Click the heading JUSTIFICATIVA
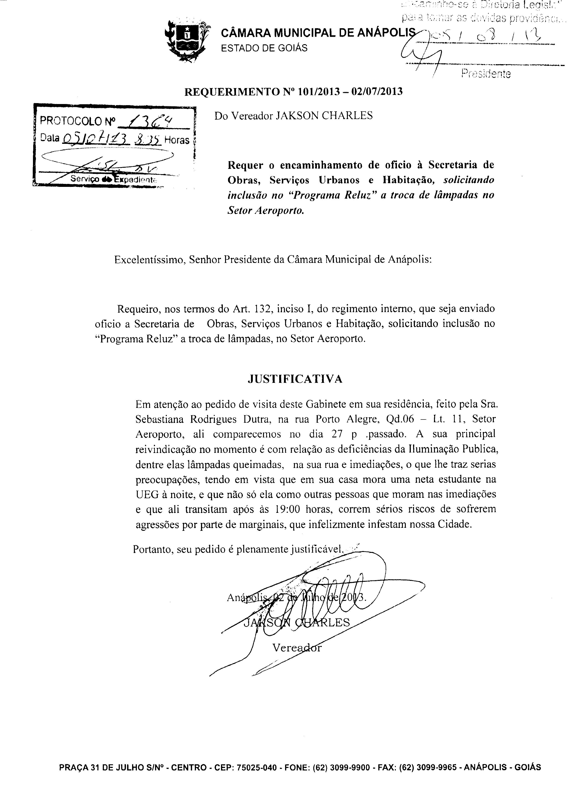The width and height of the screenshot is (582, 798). point(295,379)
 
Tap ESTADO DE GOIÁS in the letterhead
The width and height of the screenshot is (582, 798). point(264,48)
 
